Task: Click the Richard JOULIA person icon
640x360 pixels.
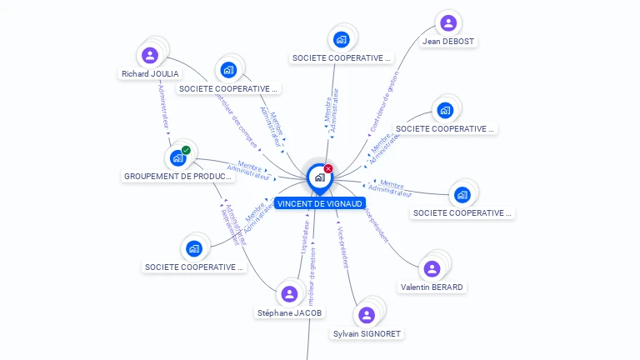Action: pos(150,56)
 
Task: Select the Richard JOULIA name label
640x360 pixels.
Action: pos(150,74)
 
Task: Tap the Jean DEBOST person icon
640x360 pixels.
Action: pos(448,22)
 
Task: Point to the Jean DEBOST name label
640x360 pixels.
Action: pos(449,42)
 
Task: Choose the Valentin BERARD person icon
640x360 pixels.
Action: pos(432,268)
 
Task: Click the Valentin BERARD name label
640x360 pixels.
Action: pos(432,287)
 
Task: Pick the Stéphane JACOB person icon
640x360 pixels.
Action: pos(289,293)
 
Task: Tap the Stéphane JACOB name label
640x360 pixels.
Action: pos(289,313)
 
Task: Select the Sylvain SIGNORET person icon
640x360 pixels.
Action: pos(367,315)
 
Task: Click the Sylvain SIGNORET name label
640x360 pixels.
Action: pos(367,334)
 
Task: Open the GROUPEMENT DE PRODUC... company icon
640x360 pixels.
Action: pos(177,157)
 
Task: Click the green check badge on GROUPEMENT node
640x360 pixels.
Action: pos(186,150)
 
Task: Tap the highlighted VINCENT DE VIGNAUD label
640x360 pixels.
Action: pos(321,203)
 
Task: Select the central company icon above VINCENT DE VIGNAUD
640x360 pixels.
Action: pos(319,177)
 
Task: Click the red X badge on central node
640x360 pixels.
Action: pos(328,169)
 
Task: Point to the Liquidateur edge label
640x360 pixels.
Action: pos(305,237)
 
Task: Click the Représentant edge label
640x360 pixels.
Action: pos(227,222)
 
